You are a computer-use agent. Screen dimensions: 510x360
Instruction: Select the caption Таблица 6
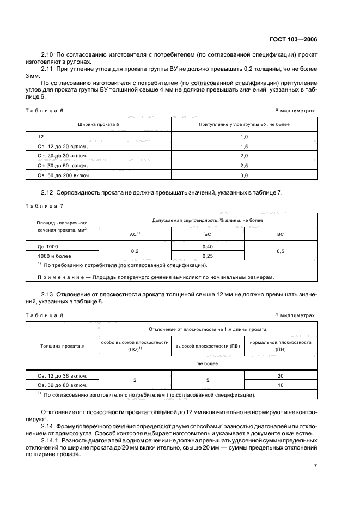tap(45, 110)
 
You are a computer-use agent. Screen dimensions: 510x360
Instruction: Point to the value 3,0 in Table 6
tap(244, 175)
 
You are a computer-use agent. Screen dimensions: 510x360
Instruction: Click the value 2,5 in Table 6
tap(244, 166)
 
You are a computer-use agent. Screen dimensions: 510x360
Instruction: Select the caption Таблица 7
tap(45, 205)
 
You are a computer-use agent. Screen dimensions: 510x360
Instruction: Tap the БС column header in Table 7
tap(208, 234)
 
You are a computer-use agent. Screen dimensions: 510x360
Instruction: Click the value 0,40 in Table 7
tap(208, 246)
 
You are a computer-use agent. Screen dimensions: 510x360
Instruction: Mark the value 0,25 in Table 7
tap(208, 255)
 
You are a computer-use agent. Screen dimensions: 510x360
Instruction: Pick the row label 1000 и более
tap(55, 255)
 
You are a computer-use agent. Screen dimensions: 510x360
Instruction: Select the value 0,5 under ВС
tap(280, 251)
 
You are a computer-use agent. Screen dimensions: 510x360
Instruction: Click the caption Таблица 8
tap(45, 315)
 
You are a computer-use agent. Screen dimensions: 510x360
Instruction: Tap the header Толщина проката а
tap(63, 345)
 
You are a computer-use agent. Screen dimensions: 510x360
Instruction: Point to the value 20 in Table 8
tap(280, 376)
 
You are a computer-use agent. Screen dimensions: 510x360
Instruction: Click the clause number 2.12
tap(50, 193)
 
